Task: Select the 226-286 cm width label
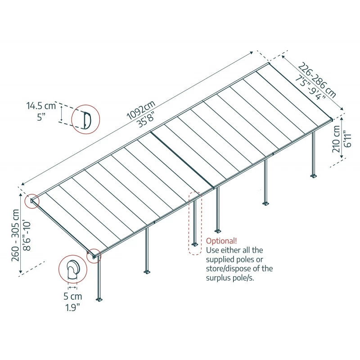pos(317,81)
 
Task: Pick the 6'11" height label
pos(346,139)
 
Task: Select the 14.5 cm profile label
pos(40,107)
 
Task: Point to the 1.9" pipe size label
pos(72,307)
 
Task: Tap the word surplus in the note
pos(220,278)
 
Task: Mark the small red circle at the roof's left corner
pos(32,201)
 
